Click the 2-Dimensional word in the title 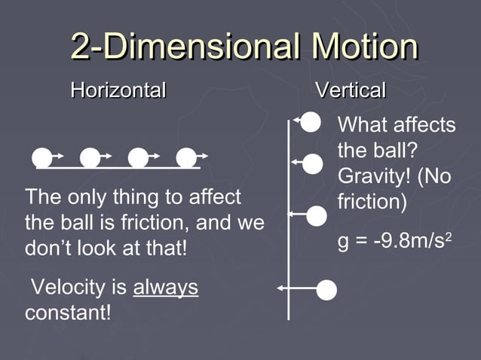click(x=178, y=47)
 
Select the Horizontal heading click(x=118, y=91)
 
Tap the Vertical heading click(x=351, y=91)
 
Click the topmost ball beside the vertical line click(x=311, y=121)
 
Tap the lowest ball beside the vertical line click(x=326, y=290)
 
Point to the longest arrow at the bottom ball click(x=296, y=288)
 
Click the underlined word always click(x=166, y=288)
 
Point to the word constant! click(x=68, y=313)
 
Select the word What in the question click(x=361, y=125)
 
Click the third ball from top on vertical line click(x=317, y=215)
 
